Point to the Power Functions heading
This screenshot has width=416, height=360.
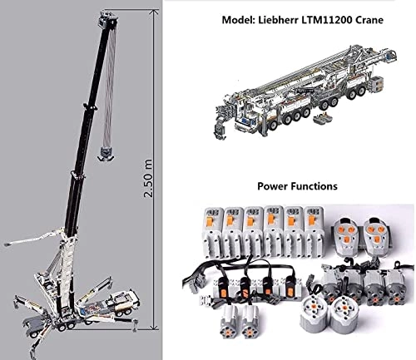[297, 187]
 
